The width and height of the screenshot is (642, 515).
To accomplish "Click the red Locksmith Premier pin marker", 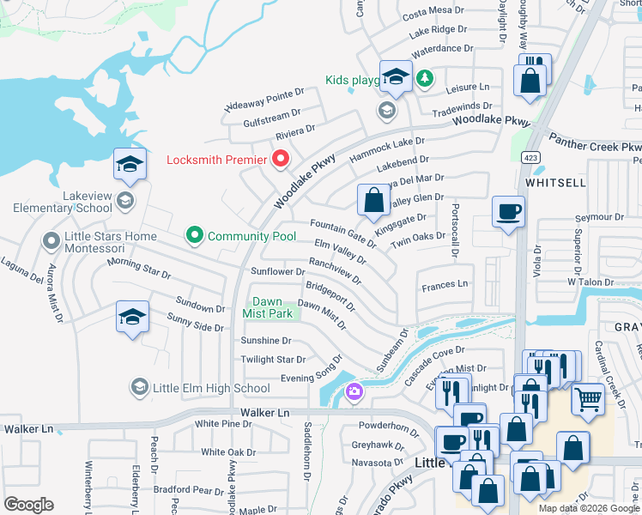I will coord(280,159).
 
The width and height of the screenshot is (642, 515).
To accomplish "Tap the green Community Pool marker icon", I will coord(195,234).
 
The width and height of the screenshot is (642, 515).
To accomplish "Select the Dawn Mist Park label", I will coord(272,308).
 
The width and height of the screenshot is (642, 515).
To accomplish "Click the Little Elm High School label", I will coord(211,388).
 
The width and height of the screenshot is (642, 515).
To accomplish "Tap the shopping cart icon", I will coord(587,398).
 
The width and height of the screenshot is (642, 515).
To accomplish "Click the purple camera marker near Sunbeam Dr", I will coord(354,393).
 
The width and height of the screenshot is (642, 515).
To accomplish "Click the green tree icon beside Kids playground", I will coord(424,80).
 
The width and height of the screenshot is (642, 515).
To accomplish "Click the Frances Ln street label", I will coord(445,283).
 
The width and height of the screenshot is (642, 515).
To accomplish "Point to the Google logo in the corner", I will coord(28,505).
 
